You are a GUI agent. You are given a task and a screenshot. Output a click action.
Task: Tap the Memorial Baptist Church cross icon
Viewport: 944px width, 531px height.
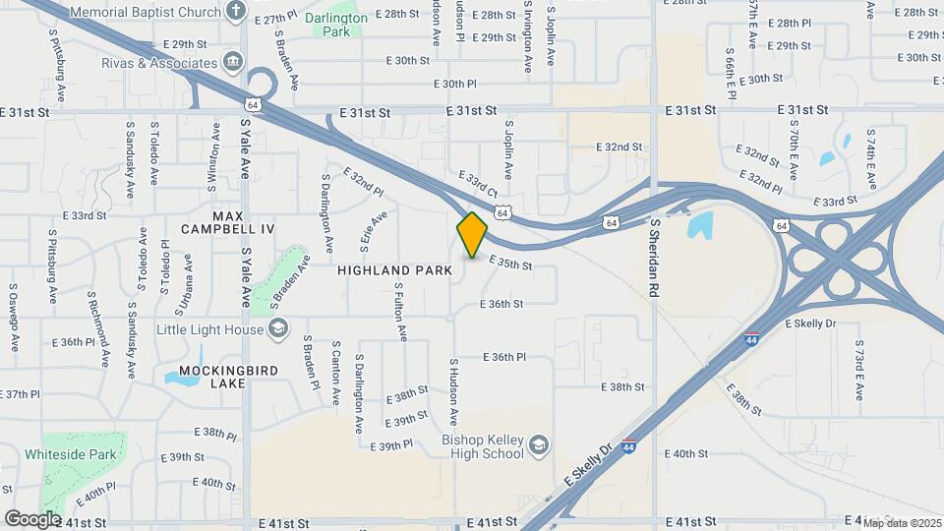point(235,11)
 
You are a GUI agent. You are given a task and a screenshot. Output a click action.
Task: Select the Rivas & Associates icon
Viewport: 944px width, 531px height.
point(233,61)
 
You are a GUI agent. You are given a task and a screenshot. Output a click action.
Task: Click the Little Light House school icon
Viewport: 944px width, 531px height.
point(278,328)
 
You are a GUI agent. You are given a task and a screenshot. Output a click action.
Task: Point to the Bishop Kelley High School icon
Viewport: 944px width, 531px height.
point(538,446)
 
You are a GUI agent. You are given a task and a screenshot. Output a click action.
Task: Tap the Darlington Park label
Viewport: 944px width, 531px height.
point(336,25)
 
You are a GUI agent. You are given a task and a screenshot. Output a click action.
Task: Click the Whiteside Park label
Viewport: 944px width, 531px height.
point(84,454)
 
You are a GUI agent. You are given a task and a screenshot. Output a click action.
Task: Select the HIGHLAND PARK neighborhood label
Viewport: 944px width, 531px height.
point(394,269)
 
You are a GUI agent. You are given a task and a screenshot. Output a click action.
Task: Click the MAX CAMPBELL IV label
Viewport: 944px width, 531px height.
point(227,221)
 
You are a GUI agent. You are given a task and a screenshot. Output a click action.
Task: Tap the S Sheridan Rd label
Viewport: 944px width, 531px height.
point(652,259)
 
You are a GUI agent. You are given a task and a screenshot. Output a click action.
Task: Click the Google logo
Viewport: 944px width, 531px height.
point(32,518)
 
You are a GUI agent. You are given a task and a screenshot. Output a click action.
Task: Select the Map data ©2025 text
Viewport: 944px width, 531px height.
point(902,522)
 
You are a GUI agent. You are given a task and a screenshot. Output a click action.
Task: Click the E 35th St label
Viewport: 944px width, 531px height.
point(510,264)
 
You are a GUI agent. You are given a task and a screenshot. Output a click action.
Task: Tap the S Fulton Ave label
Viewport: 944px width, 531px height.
point(400,312)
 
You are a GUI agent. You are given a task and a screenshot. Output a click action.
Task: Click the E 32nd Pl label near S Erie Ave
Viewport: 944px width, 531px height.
point(363,183)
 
